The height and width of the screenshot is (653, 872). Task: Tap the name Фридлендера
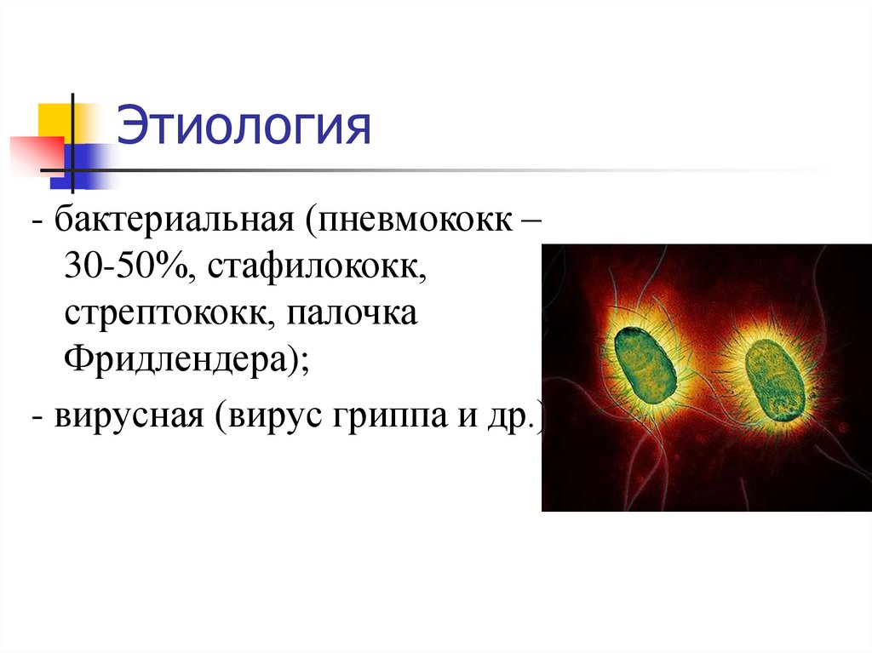tap(179, 358)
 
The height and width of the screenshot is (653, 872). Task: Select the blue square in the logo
tap(77, 162)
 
